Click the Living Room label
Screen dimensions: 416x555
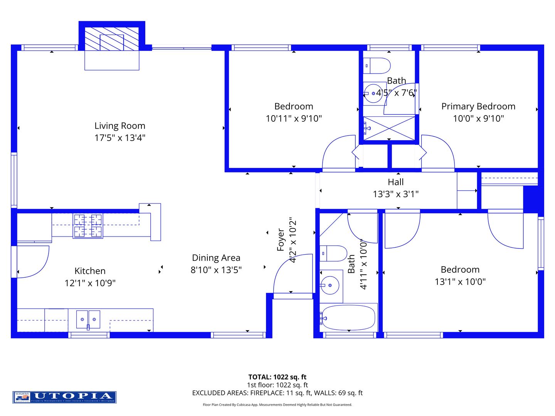click(x=120, y=126)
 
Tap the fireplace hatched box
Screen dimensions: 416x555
click(x=111, y=39)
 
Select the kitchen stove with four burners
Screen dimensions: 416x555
click(x=88, y=226)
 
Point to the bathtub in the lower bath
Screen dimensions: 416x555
click(x=348, y=318)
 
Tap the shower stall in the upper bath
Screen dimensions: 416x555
click(x=389, y=128)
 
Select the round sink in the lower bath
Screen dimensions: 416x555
click(x=330, y=285)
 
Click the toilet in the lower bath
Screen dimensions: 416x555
click(x=334, y=254)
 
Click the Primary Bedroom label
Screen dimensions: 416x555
click(x=478, y=107)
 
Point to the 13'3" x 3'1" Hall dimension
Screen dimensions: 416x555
click(x=395, y=194)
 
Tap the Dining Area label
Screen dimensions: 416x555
click(x=216, y=258)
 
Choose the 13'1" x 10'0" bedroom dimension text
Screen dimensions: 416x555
click(x=460, y=282)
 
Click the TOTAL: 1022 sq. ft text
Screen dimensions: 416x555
click(x=277, y=377)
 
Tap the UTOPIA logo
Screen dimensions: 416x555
click(x=64, y=397)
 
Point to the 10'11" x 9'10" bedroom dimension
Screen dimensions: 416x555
click(x=294, y=119)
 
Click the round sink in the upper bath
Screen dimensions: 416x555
click(x=373, y=94)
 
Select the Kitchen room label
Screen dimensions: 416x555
click(x=90, y=271)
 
